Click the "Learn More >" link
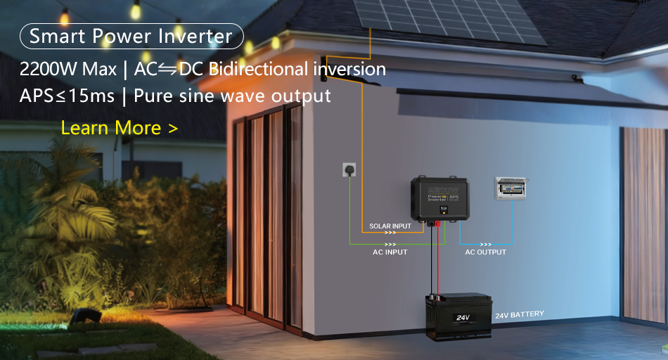coord(119,128)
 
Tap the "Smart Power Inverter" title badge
coord(131,36)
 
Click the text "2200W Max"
coord(68,70)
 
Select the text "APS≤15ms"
coord(67,96)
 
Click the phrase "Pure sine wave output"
coord(232,96)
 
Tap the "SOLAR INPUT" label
coord(390,226)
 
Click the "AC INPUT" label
coord(390,252)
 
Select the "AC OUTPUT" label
coord(485,252)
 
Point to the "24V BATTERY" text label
coord(519,314)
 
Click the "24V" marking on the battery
coord(462,318)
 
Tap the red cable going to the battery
coord(437,260)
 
